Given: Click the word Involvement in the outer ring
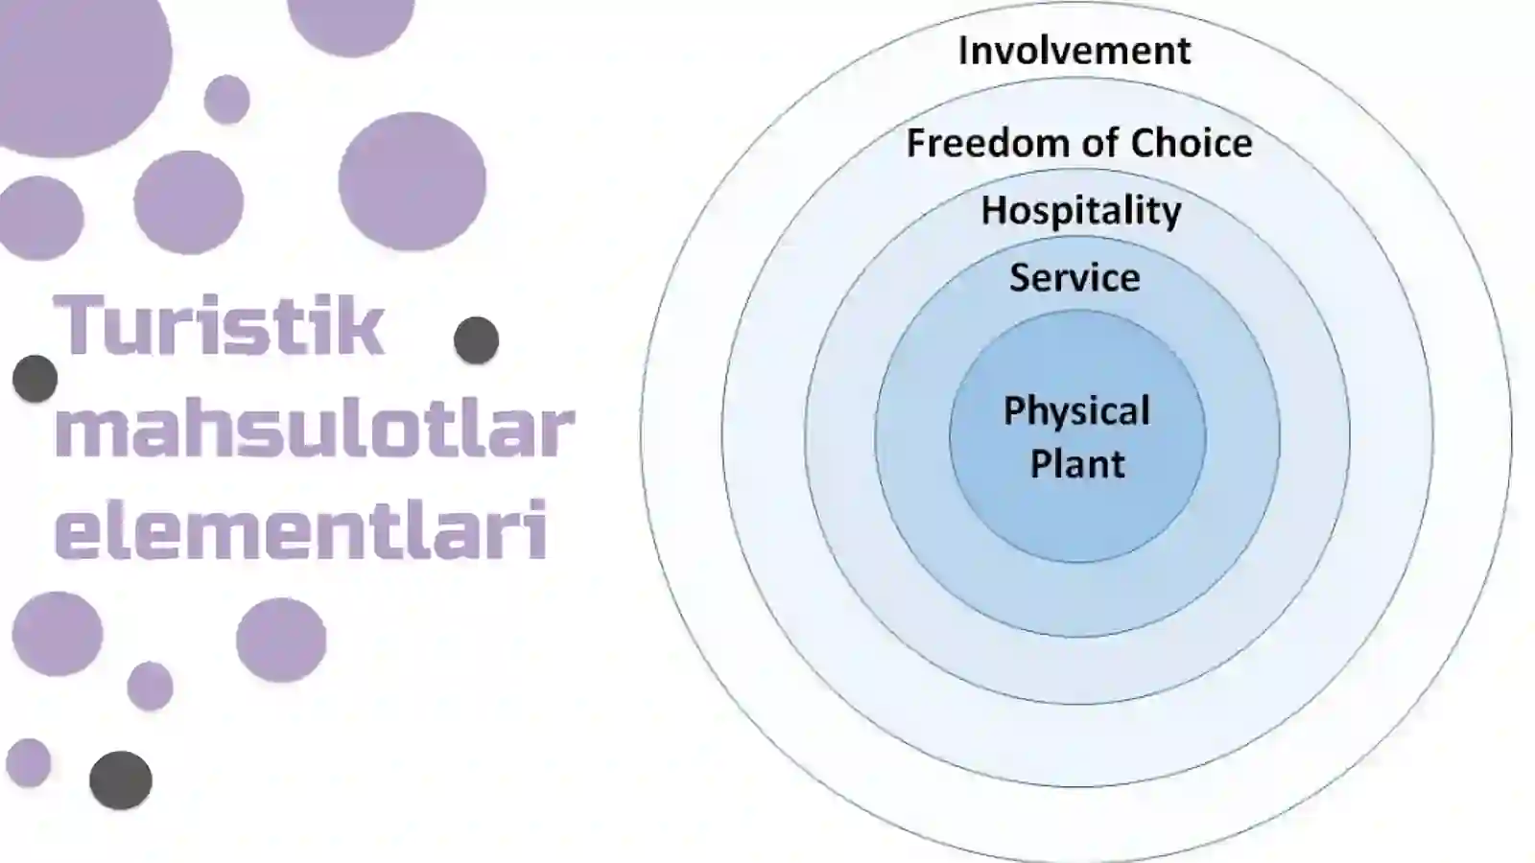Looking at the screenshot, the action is coord(1074,51).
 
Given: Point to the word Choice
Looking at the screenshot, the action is coord(1192,143).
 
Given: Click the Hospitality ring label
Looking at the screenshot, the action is coord(1081,211).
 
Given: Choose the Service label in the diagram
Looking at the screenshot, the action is coord(1074,277).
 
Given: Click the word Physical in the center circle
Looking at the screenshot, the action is coord(1076,412).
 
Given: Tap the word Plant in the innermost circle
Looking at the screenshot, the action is coord(1077,464).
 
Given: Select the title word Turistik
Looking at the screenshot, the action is coord(218,324).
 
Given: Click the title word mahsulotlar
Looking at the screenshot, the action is coord(314,431).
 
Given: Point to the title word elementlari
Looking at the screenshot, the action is coord(301,528).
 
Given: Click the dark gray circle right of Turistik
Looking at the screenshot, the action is coord(476,339).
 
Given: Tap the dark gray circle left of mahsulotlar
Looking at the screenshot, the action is coord(35,378).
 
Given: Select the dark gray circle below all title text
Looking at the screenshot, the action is coord(121,781).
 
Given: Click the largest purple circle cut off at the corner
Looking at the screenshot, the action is coord(79,68).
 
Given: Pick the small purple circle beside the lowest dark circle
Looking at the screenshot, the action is coord(28,762).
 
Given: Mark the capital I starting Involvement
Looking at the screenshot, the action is coord(963,51).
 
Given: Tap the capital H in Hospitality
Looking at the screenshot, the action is coord(993,209).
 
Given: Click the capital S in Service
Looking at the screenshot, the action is coord(1020,277).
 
